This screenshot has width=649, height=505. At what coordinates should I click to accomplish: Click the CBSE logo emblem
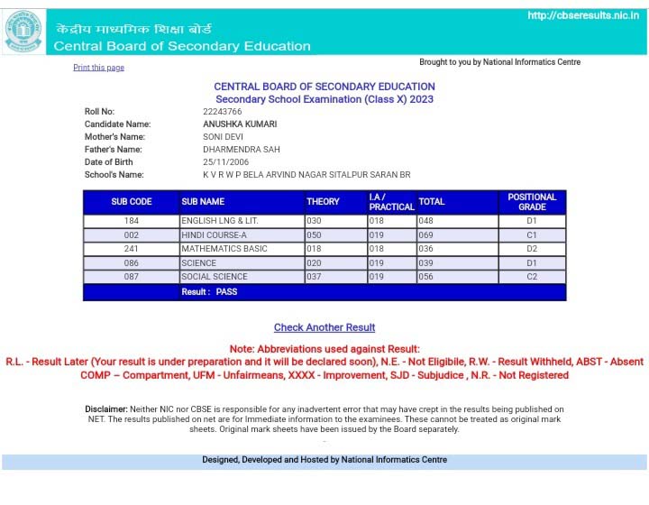[23, 30]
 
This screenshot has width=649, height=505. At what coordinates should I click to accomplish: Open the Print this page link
[98, 68]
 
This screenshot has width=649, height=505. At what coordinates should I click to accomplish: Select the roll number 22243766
[222, 112]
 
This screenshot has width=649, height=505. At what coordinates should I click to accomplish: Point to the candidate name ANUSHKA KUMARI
[240, 124]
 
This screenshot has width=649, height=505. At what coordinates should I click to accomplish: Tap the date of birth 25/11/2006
[226, 162]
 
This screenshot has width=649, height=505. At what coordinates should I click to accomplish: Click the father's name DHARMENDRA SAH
[239, 150]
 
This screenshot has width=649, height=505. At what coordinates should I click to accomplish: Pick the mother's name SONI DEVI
[224, 137]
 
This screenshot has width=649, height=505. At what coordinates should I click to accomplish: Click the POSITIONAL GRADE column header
[532, 201]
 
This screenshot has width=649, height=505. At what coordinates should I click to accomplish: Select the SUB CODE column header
[132, 202]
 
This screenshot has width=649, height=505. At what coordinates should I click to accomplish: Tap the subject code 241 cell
[132, 249]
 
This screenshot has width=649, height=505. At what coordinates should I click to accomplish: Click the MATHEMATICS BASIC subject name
[224, 249]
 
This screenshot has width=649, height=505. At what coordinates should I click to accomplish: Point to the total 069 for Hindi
[425, 234]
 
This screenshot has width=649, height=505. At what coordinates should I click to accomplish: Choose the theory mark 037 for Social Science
[314, 277]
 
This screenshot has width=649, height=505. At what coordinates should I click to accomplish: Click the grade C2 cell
[532, 277]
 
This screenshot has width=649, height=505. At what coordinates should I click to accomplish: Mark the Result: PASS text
[209, 292]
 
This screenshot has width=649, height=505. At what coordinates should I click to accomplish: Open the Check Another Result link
[324, 327]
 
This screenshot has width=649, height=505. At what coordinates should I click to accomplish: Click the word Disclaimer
[106, 409]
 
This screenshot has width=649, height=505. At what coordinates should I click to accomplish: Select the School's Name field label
[114, 175]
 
